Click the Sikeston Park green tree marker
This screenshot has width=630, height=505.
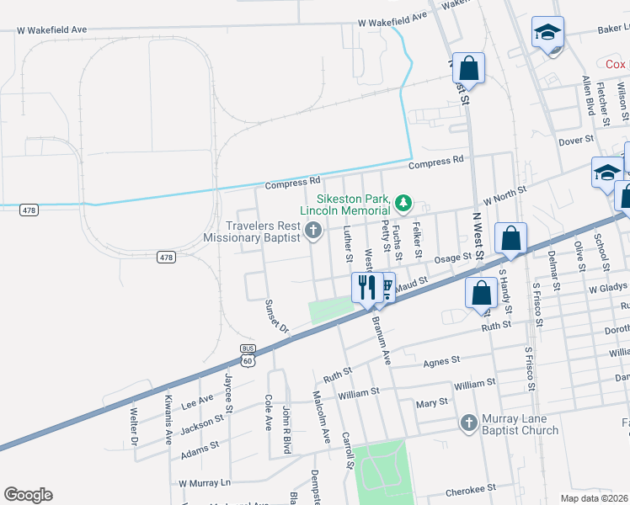pos(404,203)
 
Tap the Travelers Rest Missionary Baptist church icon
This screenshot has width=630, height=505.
pos(313,230)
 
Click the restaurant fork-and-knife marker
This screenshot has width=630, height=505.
pos(366,286)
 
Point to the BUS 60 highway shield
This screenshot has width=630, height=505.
pos(247,355)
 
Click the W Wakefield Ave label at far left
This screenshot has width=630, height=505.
pos(52,29)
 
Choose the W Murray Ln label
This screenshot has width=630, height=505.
pos(204,483)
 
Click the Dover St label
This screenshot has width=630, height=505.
pos(577,140)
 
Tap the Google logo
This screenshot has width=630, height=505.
pos(28,495)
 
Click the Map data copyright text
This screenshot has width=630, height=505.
pos(595,498)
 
